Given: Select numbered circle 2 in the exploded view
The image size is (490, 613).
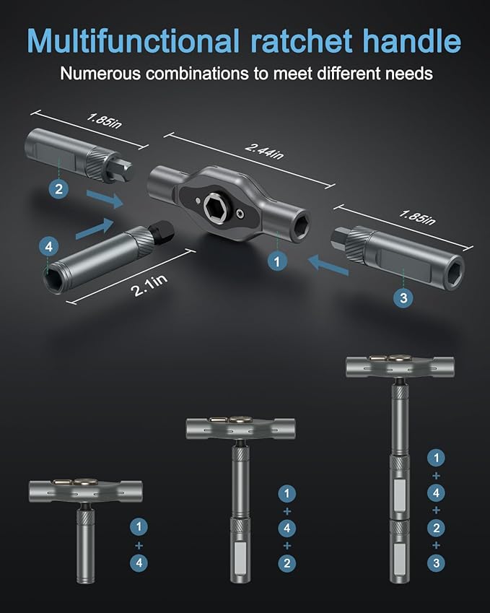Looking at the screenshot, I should pyautogui.click(x=59, y=190).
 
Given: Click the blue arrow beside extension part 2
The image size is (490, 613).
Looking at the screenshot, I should pyautogui.click(x=105, y=199).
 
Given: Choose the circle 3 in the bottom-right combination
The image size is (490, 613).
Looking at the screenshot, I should pyautogui.click(x=435, y=562).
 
